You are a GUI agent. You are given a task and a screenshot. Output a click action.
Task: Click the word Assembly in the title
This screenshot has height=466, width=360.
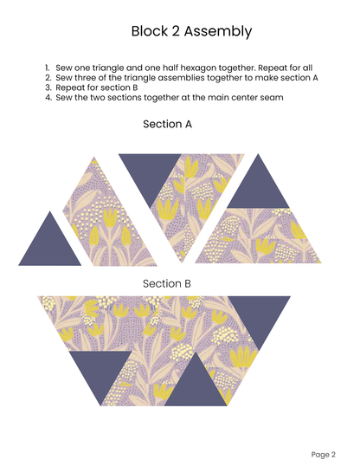(218, 31)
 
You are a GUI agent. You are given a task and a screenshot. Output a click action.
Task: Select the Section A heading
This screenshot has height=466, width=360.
(167, 124)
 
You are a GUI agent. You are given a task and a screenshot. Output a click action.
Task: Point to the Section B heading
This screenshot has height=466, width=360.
(167, 283)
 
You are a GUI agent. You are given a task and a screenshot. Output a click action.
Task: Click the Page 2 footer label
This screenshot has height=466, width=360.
(323, 455)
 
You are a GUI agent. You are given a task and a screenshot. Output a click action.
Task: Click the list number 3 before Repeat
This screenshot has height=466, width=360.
(48, 87)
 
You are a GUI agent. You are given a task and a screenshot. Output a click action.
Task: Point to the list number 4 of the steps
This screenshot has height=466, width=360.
(48, 98)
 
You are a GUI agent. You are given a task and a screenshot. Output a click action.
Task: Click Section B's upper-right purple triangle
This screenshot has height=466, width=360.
(260, 315)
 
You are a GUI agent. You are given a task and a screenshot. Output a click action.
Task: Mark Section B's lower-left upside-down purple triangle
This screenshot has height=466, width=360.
(100, 370)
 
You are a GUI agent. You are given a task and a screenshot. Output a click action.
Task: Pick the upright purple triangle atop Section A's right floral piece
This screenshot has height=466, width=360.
(258, 189)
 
